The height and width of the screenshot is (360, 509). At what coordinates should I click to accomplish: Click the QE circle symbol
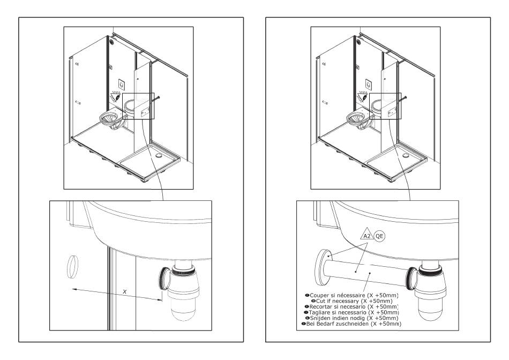point(379,236)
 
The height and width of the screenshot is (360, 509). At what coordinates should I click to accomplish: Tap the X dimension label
point(125,292)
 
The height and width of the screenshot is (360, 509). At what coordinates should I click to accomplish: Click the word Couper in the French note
point(319,295)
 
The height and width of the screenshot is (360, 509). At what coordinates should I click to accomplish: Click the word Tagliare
point(320,312)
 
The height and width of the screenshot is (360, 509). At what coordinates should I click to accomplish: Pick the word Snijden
point(320,318)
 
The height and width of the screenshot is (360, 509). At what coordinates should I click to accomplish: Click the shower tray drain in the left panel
point(159,156)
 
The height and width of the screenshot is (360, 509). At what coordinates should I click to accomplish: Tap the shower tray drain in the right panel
point(406,156)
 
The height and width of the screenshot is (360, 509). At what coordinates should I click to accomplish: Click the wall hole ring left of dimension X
point(73,267)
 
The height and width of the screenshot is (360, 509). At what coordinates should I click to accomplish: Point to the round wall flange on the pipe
point(323,268)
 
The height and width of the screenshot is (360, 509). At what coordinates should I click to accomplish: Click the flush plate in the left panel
point(122,85)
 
